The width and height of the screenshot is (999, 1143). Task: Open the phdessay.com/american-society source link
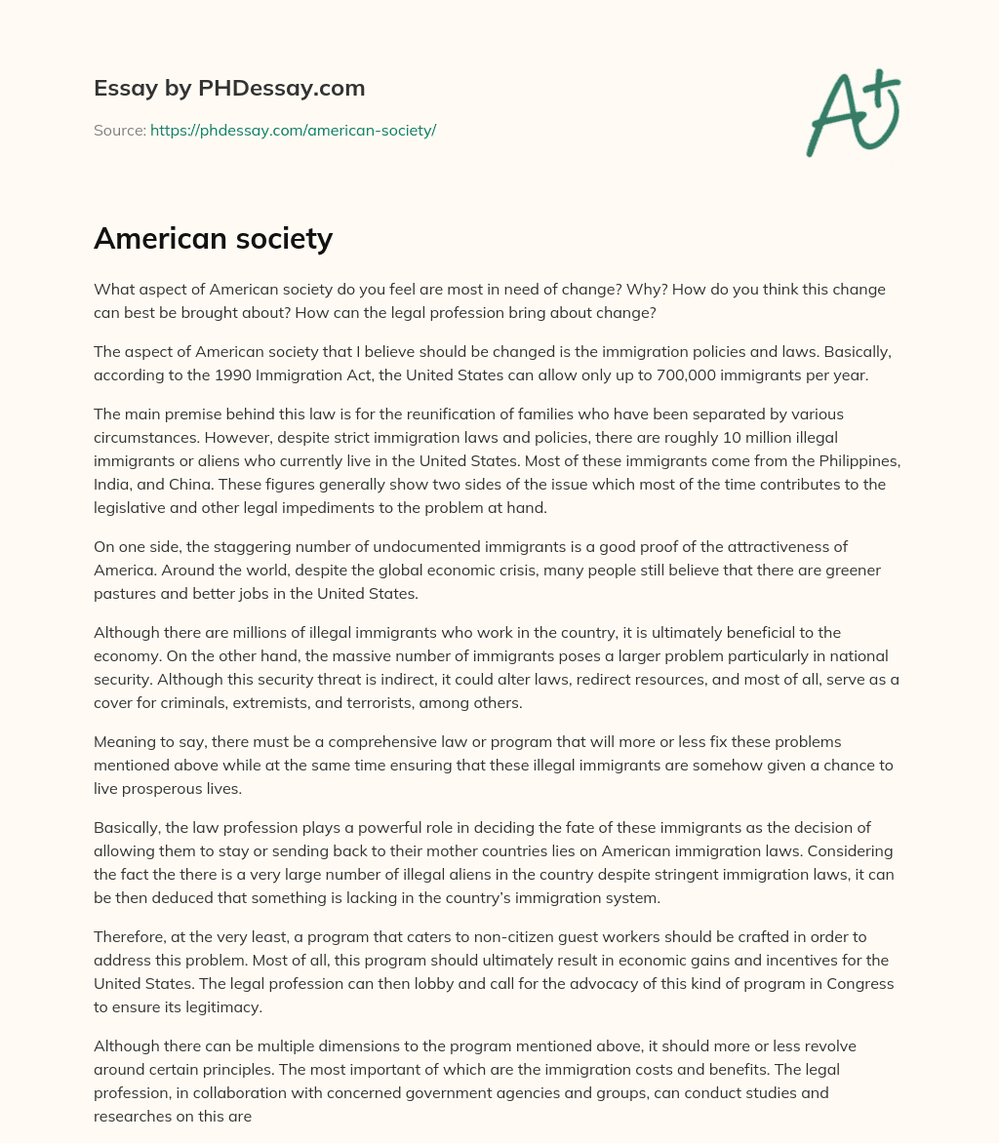click(293, 130)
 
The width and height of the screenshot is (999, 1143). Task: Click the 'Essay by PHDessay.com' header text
click(229, 89)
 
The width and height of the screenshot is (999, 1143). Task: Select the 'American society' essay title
click(213, 239)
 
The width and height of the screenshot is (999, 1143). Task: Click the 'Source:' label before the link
click(119, 130)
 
